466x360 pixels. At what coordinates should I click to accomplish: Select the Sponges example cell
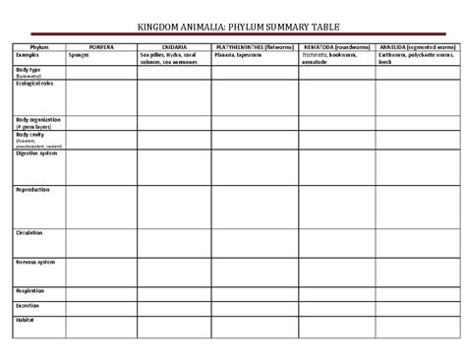[x=80, y=55]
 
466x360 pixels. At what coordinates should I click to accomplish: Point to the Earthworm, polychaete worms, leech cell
[x=416, y=58]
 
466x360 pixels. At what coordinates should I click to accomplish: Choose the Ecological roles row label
[x=34, y=84]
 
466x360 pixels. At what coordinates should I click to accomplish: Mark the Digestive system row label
[x=36, y=152]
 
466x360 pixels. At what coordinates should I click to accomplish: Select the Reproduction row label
[x=33, y=190]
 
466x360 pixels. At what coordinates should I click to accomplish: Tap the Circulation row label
[x=30, y=233]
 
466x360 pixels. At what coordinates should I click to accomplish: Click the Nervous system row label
[x=35, y=263]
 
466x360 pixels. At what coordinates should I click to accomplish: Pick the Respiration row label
[x=30, y=291]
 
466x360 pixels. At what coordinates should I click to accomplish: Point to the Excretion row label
[x=29, y=305]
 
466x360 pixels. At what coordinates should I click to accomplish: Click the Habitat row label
[x=27, y=320]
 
